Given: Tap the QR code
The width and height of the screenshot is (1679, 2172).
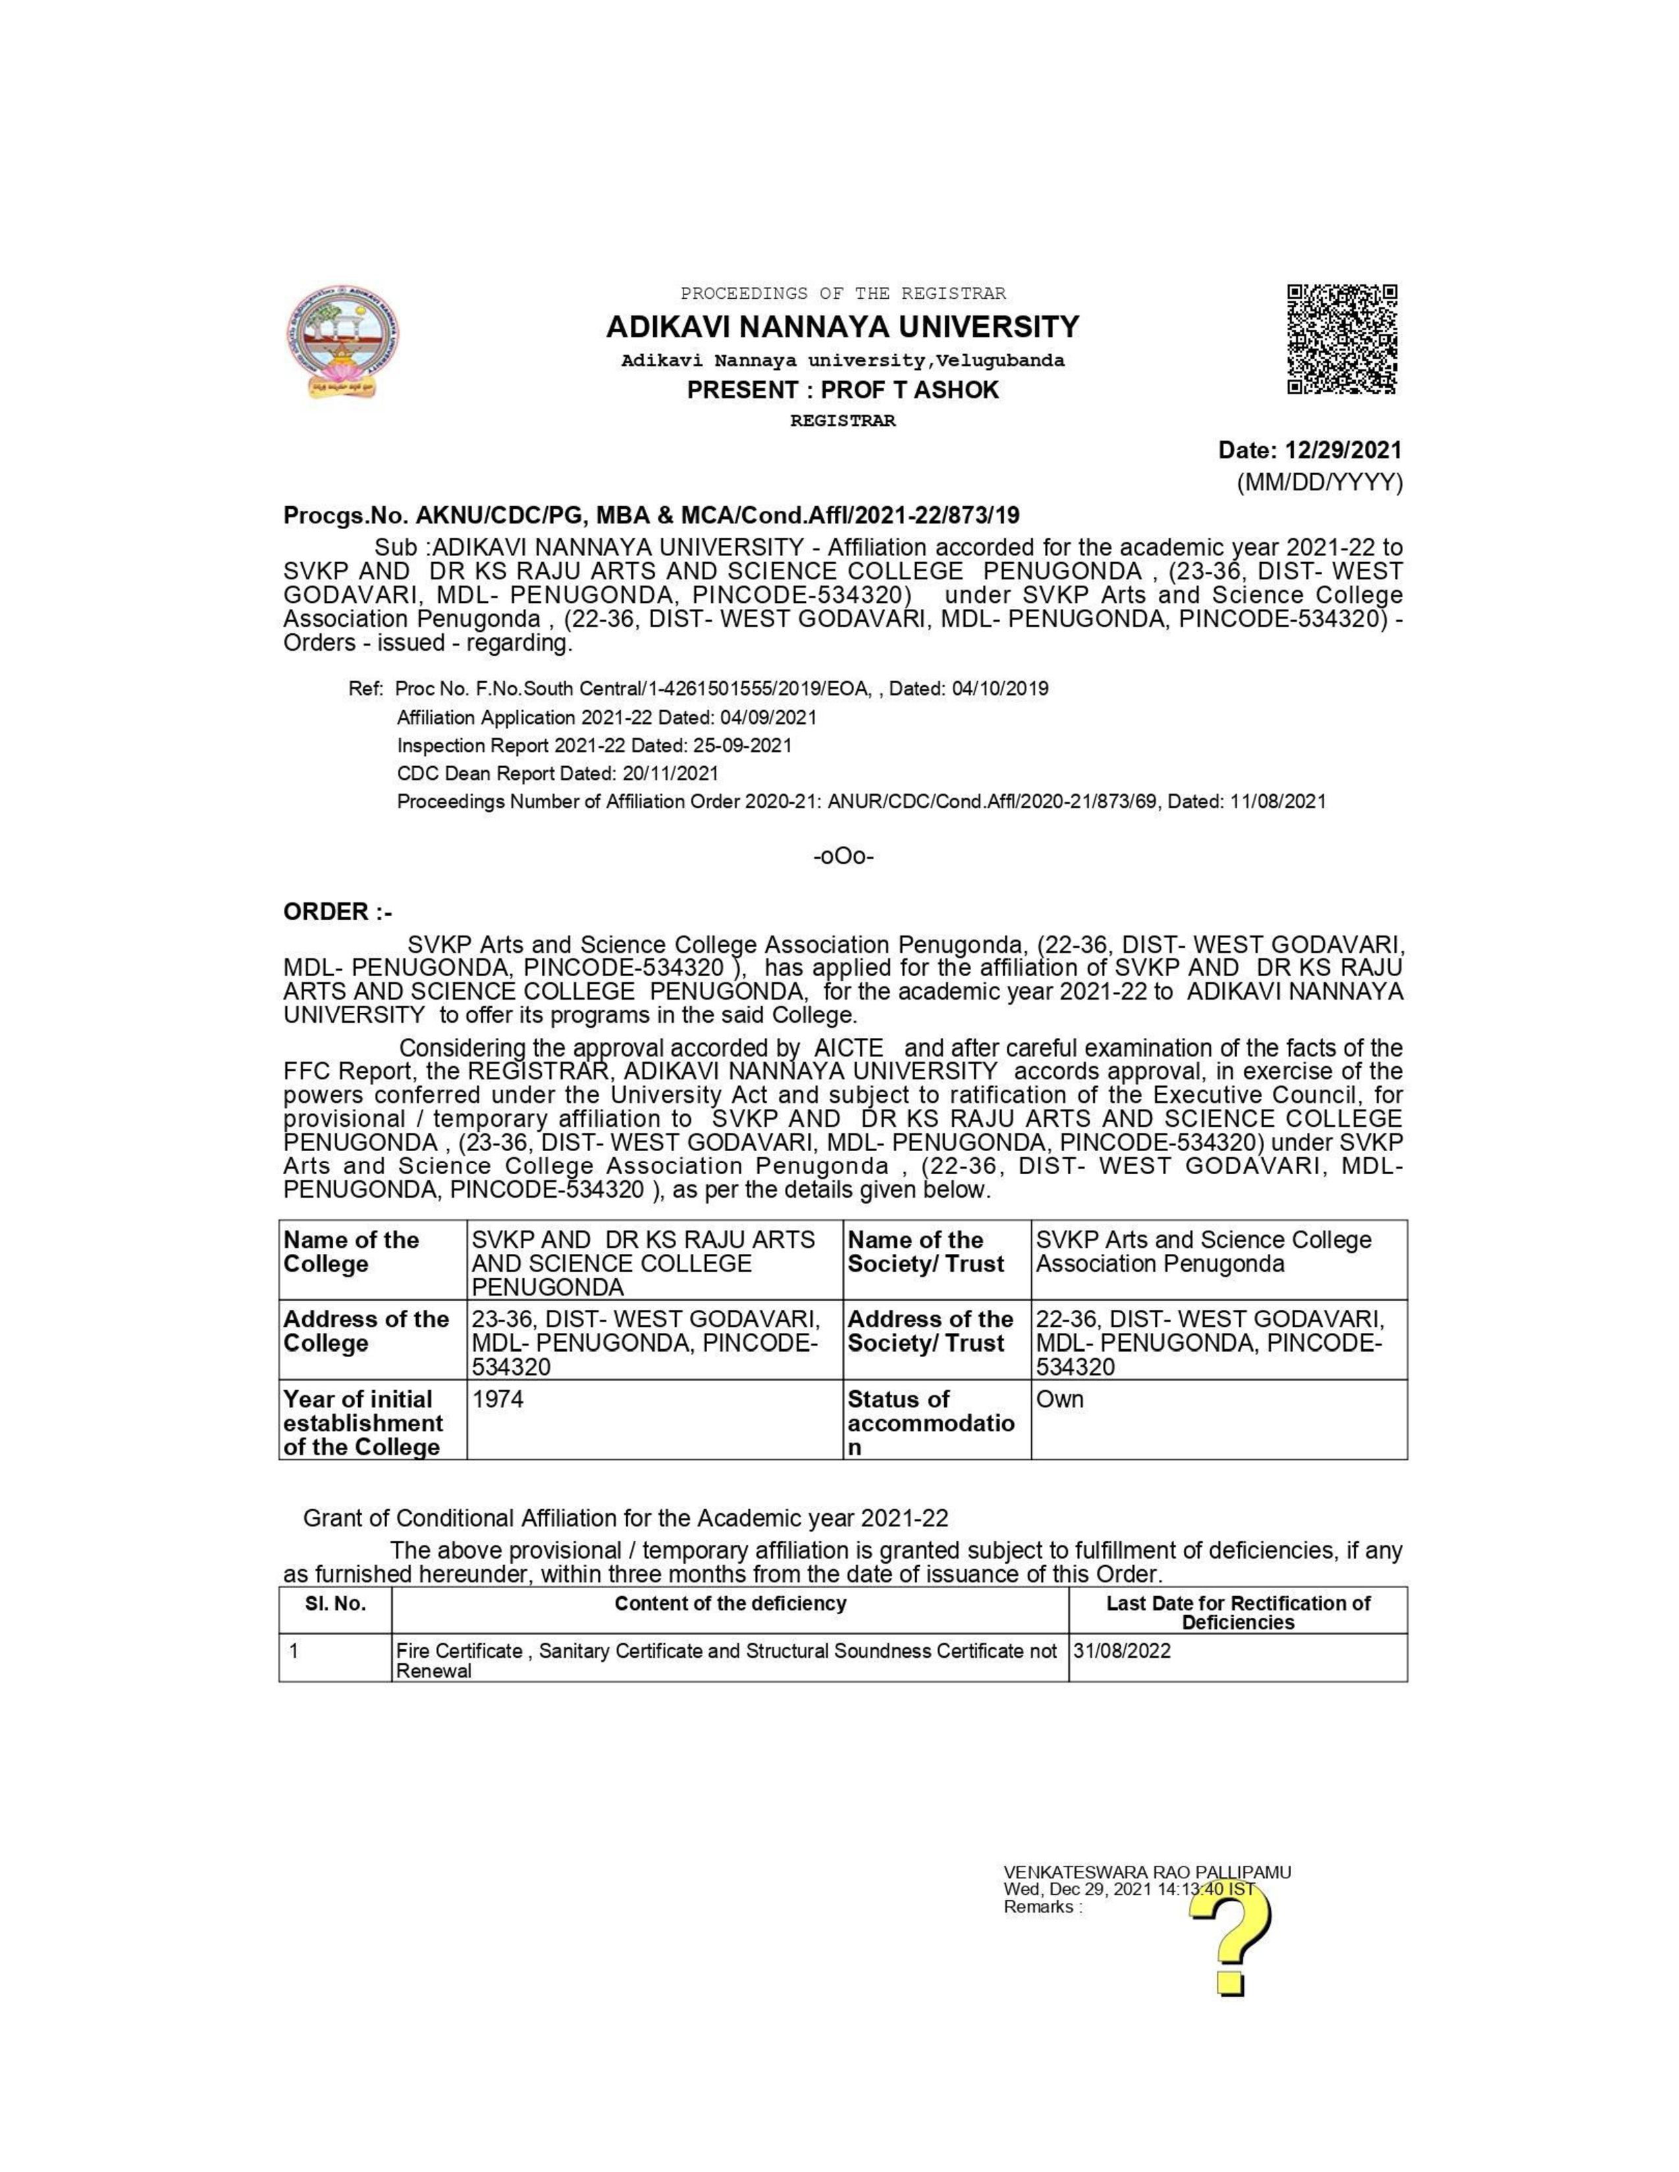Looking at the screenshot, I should point(1342,339).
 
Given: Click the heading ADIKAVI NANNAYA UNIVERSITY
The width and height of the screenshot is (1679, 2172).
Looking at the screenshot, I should point(843,327).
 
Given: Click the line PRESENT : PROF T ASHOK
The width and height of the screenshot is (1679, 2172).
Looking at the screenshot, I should point(843,390).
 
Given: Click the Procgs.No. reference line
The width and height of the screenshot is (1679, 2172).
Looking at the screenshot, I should point(651,515).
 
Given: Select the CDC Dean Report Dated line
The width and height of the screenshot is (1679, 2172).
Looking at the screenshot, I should point(557,773).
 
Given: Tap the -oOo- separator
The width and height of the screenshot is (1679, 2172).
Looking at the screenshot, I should point(843,856).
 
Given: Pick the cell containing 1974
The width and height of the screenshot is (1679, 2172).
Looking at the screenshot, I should point(654,1418).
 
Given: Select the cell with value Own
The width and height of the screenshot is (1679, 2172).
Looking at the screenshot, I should point(1219,1418).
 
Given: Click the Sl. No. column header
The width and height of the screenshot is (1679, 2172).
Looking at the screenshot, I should point(335,1604).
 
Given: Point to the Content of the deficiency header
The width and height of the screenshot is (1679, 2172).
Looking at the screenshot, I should point(730,1604).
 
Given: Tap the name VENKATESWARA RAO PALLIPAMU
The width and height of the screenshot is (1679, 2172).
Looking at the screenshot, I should point(1147,1873).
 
